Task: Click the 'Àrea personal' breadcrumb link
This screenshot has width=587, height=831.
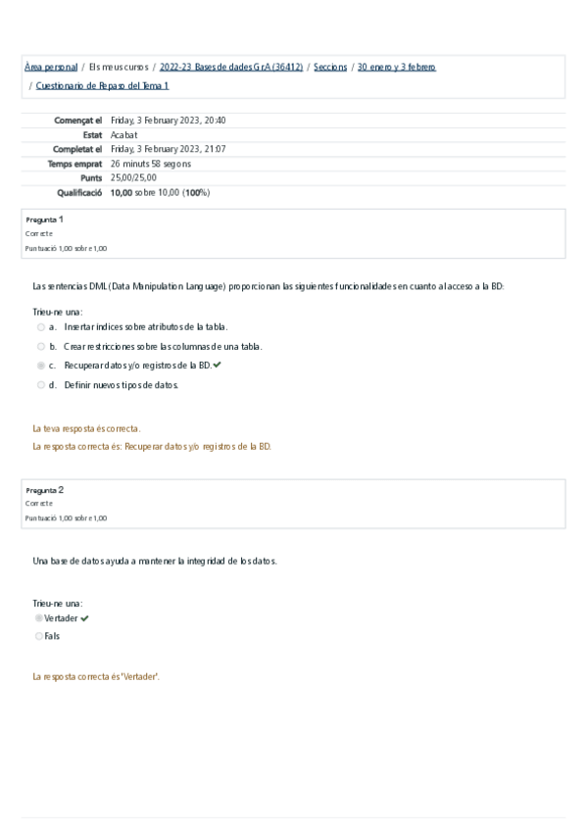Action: tap(51, 67)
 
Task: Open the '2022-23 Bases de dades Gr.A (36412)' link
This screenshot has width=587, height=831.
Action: tap(231, 67)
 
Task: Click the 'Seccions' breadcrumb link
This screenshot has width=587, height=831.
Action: tap(329, 67)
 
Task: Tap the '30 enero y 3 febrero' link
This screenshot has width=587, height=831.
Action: tap(397, 67)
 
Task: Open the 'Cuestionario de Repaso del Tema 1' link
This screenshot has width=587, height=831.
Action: tap(102, 86)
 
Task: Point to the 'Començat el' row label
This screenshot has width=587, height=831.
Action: tap(78, 121)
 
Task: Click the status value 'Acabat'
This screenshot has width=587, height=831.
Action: tap(124, 135)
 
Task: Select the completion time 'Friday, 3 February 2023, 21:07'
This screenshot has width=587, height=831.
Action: tap(169, 149)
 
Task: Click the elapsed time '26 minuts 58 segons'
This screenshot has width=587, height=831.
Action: tap(151, 164)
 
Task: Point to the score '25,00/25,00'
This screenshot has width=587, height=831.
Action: tap(133, 177)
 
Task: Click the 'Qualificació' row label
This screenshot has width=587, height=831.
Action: tap(79, 193)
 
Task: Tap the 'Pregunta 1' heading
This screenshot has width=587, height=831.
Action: tap(45, 220)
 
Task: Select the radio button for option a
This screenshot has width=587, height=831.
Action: tap(41, 326)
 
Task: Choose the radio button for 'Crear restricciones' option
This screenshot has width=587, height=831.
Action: tap(41, 346)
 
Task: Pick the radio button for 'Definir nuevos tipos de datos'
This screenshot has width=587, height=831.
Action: tap(41, 385)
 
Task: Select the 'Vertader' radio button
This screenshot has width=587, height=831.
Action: tap(39, 618)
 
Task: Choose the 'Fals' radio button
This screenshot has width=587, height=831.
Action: tap(39, 636)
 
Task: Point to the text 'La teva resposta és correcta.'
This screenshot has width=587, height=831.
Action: tap(86, 428)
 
